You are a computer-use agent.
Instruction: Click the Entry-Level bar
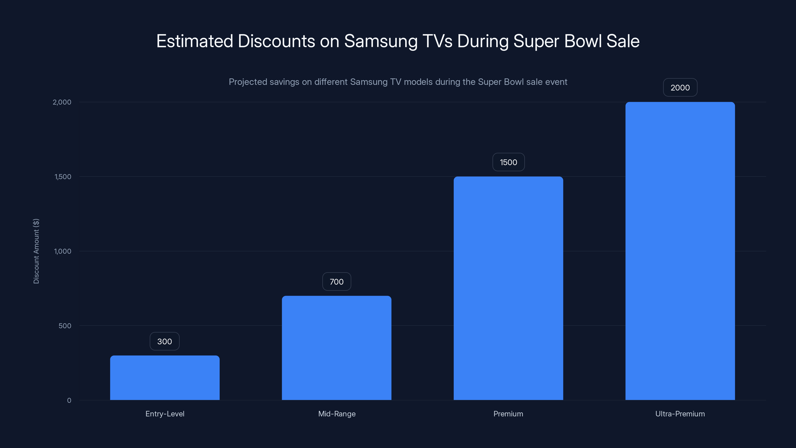tap(165, 378)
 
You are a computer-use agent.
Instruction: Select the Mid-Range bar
tap(337, 348)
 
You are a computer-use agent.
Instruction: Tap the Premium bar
tap(508, 288)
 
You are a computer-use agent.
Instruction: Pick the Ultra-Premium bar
tap(680, 251)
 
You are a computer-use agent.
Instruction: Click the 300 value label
tap(164, 341)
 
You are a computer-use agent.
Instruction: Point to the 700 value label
tap(337, 282)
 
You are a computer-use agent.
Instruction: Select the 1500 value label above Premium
tap(508, 162)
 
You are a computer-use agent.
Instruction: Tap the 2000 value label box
tap(680, 88)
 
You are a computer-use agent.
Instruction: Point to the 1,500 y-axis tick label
tap(63, 176)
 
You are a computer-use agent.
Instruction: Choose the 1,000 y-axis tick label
tap(62, 251)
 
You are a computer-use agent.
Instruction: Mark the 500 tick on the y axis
tap(65, 326)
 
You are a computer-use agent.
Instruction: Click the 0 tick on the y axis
tap(69, 400)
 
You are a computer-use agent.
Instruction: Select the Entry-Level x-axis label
tap(165, 414)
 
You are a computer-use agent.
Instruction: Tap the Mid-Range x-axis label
tap(337, 414)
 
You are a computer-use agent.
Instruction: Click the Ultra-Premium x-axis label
tap(680, 414)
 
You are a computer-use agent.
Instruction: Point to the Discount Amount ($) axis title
tap(36, 251)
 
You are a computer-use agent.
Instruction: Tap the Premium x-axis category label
tap(508, 414)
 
